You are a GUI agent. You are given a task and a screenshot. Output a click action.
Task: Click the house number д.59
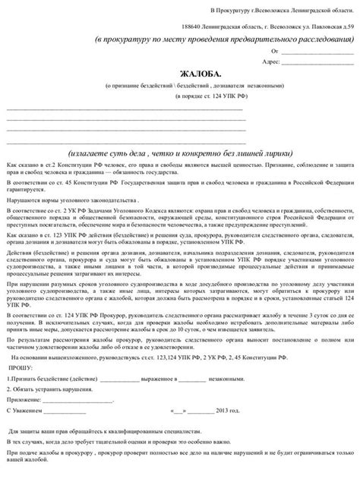pos(346,24)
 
